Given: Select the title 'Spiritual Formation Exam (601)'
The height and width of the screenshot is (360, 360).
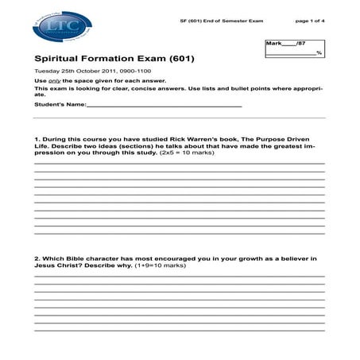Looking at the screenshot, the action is tap(114, 59).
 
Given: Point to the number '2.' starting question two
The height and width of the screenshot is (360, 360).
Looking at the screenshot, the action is tap(37, 259).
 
